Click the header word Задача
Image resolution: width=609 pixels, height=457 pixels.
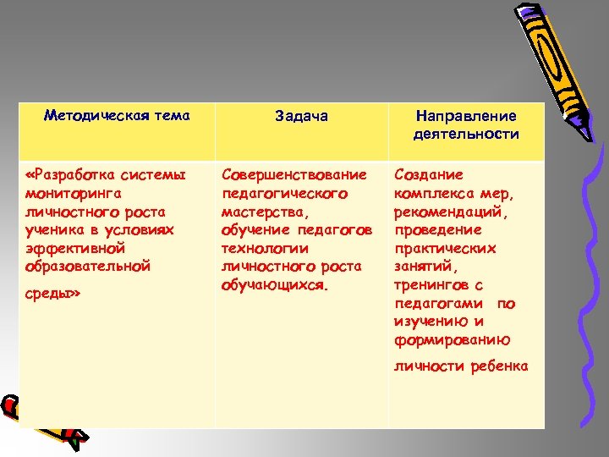(x=301, y=117)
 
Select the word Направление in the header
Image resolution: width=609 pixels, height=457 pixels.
(x=466, y=117)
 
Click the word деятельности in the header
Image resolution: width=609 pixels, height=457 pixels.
(x=466, y=135)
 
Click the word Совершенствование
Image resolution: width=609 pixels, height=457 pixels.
(x=294, y=174)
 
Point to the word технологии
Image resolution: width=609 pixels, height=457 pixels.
(x=265, y=248)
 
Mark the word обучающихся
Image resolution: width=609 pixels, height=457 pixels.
(x=272, y=285)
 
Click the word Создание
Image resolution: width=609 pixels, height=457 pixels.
(x=428, y=174)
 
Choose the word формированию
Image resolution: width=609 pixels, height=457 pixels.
(x=452, y=340)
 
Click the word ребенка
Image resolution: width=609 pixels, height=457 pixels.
(x=499, y=366)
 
